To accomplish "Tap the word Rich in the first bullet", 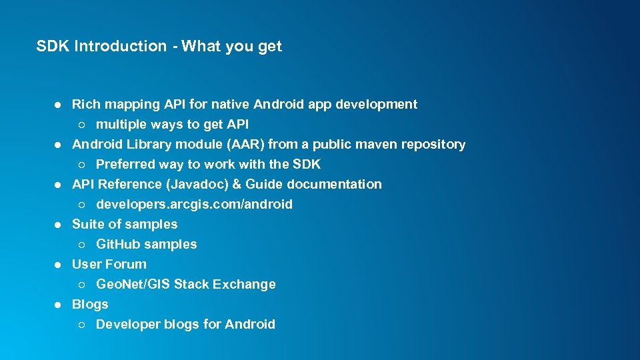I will click(x=84, y=104).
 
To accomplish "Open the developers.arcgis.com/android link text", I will click(x=194, y=204).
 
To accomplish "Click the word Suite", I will click(x=88, y=224).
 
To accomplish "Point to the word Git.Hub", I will click(x=118, y=244).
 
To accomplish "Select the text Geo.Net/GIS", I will click(x=133, y=284).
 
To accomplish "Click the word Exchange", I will click(x=244, y=284).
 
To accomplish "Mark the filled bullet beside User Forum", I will click(x=58, y=265).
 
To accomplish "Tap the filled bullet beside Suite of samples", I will click(x=58, y=225).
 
